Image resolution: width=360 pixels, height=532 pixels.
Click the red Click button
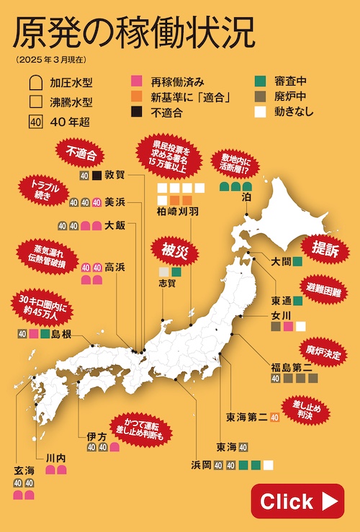[297, 501]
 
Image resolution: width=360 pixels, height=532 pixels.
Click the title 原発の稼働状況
[132, 32]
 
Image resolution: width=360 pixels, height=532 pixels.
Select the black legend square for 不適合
[137, 112]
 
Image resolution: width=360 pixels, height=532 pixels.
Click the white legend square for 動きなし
[261, 112]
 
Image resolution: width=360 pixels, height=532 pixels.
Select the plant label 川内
[55, 456]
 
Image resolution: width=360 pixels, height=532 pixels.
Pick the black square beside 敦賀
[96, 175]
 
